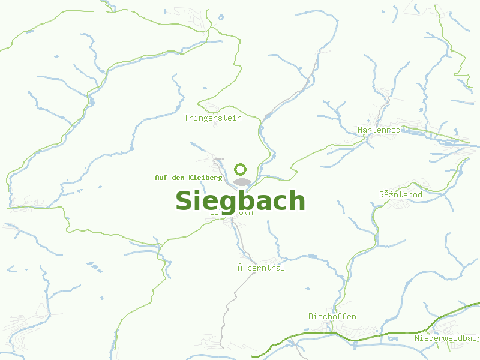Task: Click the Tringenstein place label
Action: click(213, 118)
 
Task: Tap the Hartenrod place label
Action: click(379, 130)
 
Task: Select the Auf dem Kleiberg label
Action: click(188, 178)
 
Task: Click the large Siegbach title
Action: click(240, 200)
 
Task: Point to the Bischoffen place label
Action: click(332, 316)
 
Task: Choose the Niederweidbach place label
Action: click(446, 338)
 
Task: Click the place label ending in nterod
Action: click(401, 195)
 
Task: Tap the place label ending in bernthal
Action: click(262, 268)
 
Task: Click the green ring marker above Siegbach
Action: click(241, 169)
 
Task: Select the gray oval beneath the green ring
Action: click(241, 182)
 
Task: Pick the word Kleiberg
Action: click(205, 178)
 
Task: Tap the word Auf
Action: click(160, 178)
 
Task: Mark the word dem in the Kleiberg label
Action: click(177, 178)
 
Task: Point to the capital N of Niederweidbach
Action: click(418, 338)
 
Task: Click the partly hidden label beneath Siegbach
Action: click(232, 213)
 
